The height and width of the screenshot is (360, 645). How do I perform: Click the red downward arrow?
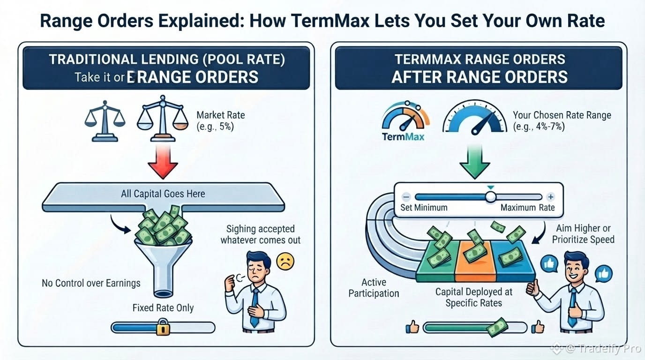(163, 161)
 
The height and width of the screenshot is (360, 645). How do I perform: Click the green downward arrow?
(474, 162)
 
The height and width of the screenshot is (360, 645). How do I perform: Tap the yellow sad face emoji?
(285, 262)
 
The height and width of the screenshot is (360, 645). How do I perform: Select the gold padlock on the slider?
(163, 327)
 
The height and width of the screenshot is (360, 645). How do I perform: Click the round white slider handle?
(491, 197)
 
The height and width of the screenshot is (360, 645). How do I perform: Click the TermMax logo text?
(403, 136)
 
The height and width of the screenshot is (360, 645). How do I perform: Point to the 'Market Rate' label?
(221, 115)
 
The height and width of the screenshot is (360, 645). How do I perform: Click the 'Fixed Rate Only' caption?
(163, 308)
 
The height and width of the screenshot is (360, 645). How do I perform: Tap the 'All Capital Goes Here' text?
(163, 194)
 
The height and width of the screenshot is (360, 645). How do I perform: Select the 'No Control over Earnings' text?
(91, 283)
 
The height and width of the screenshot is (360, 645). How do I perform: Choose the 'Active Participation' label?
(374, 288)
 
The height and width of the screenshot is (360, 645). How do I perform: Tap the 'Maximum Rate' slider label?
(527, 208)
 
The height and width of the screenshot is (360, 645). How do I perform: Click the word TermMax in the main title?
(330, 21)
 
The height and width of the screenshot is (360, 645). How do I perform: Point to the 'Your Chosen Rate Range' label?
(562, 115)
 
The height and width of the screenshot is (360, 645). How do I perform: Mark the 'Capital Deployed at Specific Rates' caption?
(473, 297)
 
